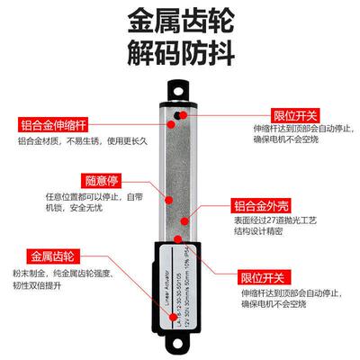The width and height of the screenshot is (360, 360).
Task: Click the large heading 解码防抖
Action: tap(180, 56)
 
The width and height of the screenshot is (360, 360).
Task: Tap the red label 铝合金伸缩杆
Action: tap(54, 125)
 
